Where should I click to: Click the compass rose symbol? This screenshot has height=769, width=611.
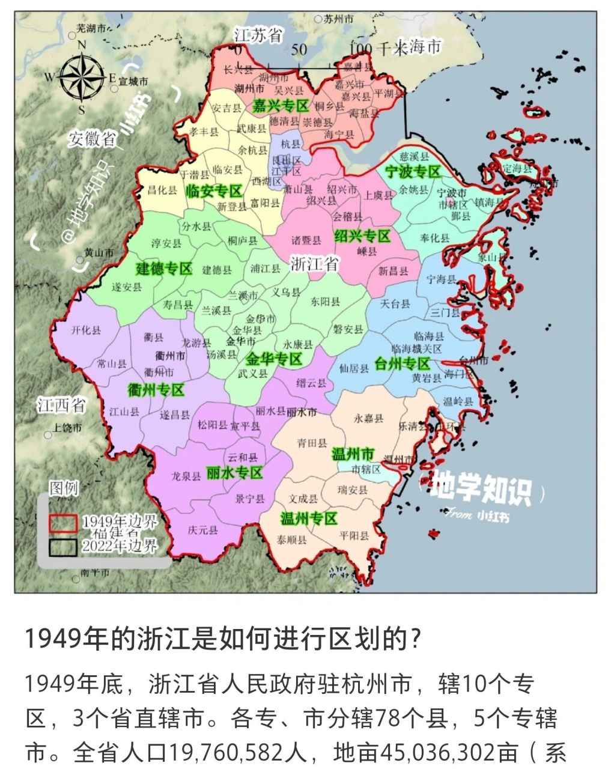81,77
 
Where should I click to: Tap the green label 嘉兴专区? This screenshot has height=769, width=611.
280,106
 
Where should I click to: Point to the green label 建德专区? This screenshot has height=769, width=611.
164,268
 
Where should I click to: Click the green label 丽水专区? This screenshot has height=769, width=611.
234,472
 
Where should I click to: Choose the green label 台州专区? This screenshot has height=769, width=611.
402,363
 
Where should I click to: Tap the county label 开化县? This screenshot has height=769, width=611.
86,330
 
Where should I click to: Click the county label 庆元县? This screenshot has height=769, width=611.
202,530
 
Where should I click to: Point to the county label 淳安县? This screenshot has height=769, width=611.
166,243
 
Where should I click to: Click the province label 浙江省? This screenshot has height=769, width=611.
314,264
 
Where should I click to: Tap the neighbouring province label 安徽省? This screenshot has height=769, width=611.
91,139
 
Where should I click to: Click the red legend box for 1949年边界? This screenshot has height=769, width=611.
62,523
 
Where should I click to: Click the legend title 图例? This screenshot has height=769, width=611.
64,488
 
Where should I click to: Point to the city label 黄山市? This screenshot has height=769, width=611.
99,253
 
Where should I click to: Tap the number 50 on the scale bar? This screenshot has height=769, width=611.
299,49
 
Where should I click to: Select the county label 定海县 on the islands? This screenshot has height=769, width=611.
517,169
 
